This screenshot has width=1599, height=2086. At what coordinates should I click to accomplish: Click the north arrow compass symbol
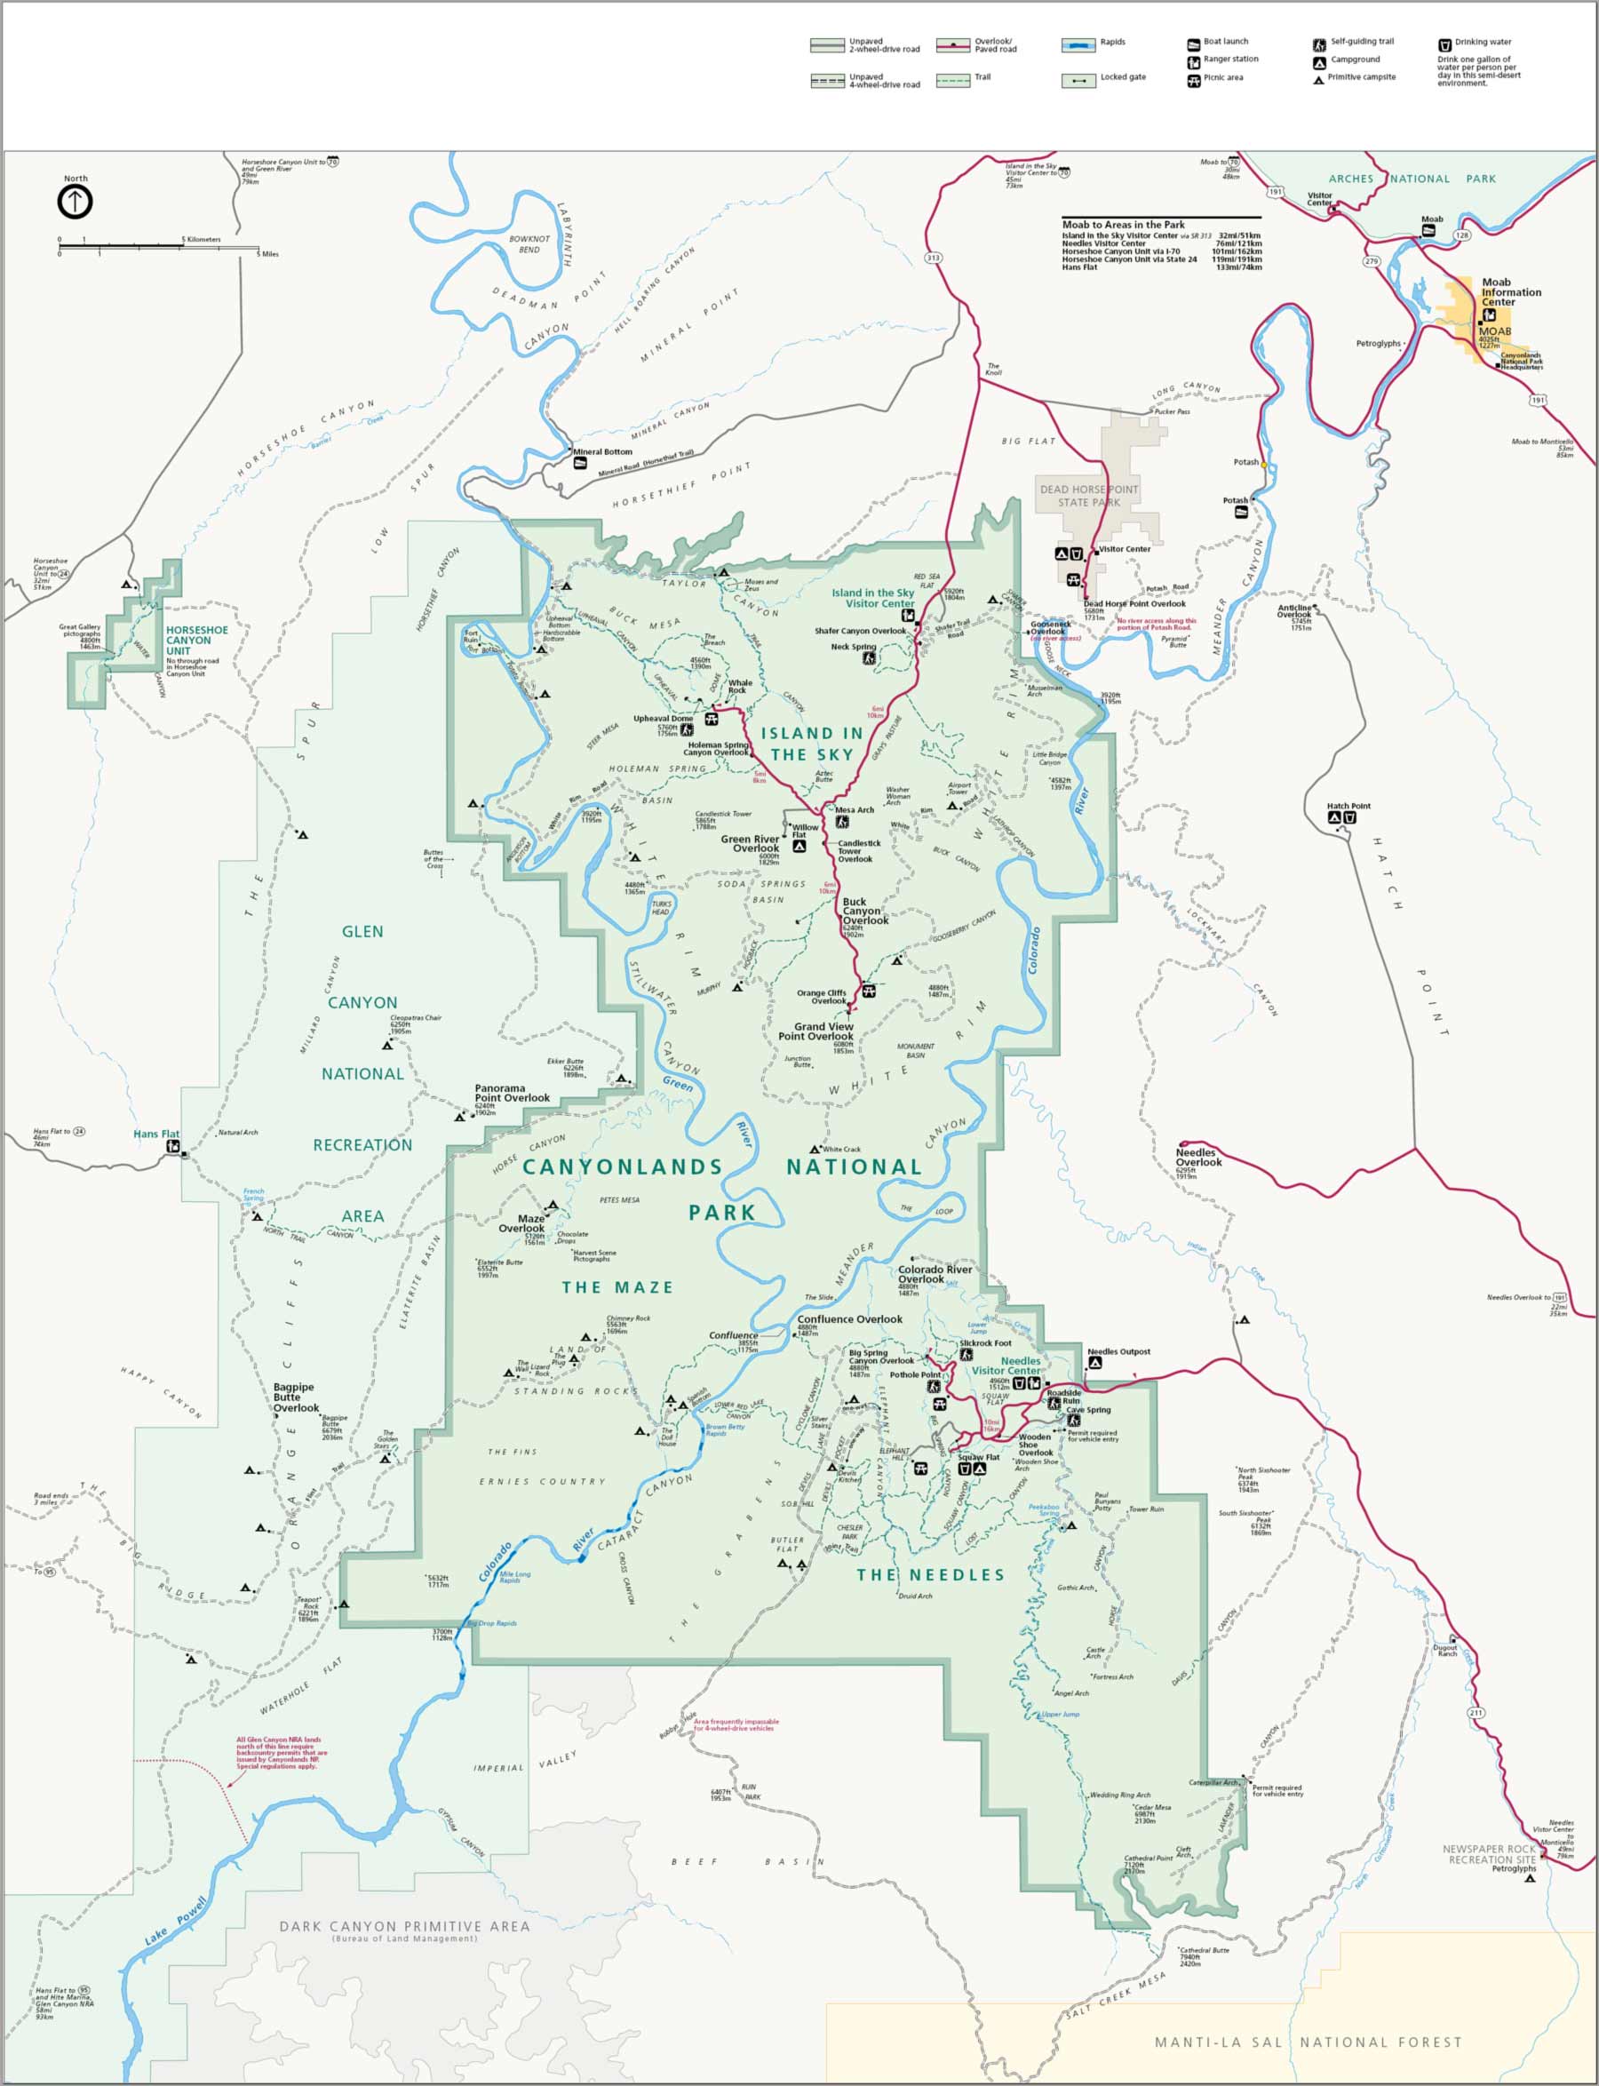[76, 202]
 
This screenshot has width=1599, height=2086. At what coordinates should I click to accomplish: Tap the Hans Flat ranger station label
[156, 1134]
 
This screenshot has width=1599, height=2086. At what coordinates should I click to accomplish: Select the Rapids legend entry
[1111, 42]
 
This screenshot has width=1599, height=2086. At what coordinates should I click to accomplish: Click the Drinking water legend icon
[1444, 43]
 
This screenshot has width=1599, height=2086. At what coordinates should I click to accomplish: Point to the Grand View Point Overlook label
[815, 1031]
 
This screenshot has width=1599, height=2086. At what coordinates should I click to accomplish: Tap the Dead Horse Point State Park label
[1088, 495]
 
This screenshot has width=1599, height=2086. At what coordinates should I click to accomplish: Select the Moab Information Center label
[1510, 292]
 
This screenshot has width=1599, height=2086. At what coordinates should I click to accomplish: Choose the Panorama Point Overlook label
[512, 1093]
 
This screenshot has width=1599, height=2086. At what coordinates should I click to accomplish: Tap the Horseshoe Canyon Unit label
[196, 641]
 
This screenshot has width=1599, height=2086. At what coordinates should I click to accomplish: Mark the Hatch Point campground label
[1348, 806]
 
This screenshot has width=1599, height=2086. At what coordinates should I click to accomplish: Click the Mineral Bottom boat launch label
[603, 452]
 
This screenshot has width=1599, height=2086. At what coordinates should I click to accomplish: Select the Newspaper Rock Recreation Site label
[1489, 1854]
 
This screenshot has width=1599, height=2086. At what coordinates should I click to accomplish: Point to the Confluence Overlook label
[849, 1319]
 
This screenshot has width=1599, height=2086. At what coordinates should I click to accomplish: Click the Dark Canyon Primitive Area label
[403, 1926]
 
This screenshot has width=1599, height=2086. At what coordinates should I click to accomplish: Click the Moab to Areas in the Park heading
[1123, 225]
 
